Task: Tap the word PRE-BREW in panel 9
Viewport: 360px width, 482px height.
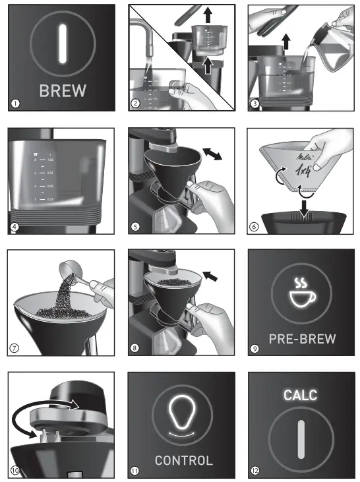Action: pos(302,339)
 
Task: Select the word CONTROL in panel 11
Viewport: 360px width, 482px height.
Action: pos(183,460)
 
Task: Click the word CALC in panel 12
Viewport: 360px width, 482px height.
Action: pos(301,395)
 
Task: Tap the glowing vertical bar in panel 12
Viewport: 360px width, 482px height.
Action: pos(301,437)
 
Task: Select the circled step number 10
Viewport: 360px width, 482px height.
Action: pos(16,470)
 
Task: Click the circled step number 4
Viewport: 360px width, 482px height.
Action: pos(16,226)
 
